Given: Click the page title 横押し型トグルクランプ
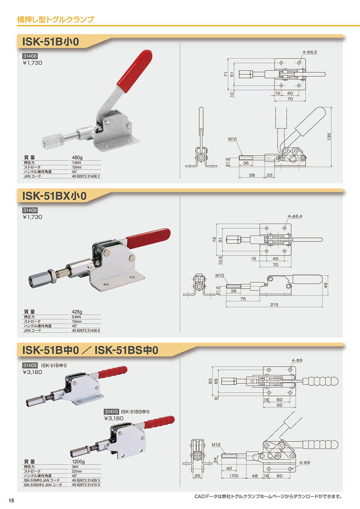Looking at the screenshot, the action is tap(55, 19).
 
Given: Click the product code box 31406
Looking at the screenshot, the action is tap(30, 56).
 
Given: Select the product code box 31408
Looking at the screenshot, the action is tap(30, 210).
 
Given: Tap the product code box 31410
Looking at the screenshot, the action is tap(111, 411).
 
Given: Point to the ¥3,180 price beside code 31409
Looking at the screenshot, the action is tap(32, 372).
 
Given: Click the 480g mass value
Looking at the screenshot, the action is tap(77, 158).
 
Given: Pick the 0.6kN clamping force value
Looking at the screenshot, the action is tap(76, 317).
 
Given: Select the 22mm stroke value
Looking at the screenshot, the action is tap(77, 471).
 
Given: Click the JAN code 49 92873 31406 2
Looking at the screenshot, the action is tap(86, 176).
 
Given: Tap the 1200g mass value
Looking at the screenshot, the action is tap(78, 461).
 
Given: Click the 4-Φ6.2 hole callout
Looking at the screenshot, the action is tap(310, 52).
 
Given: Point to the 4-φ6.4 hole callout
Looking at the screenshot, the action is tap(295, 216).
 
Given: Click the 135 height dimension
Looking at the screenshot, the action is tap(329, 137).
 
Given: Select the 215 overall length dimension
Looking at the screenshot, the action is tap(274, 305).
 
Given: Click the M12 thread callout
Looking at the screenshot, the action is tap(216, 445).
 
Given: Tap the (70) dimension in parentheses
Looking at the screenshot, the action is tap(234, 475).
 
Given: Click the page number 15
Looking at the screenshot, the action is tap(11, 500).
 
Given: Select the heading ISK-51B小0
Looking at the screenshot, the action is tap(50, 42).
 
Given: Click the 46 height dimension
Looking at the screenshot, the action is tap(325, 285).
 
